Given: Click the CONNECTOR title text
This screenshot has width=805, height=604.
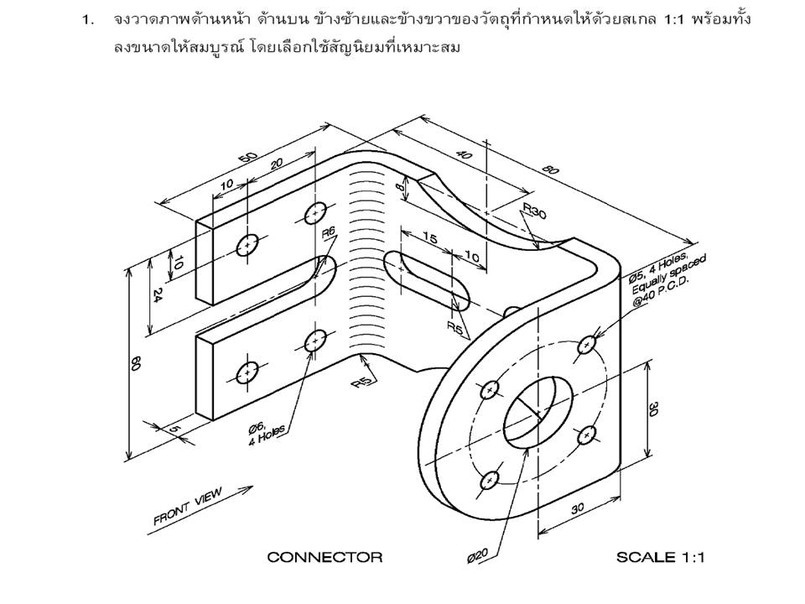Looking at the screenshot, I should (325, 557).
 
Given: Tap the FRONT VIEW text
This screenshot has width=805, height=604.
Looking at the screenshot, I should (187, 508).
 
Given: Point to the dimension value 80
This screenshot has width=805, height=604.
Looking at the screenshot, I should (550, 170).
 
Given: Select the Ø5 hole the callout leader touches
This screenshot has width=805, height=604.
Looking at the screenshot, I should (588, 344).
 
